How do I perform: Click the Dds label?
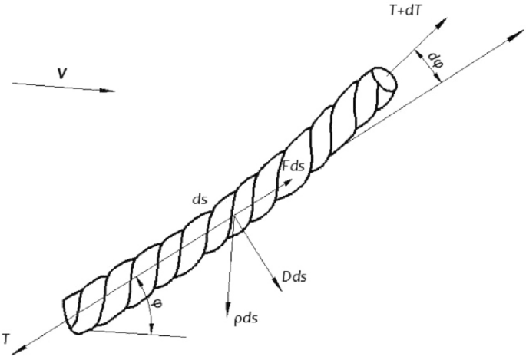[x=295, y=276]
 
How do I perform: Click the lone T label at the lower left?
[x=5, y=339]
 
